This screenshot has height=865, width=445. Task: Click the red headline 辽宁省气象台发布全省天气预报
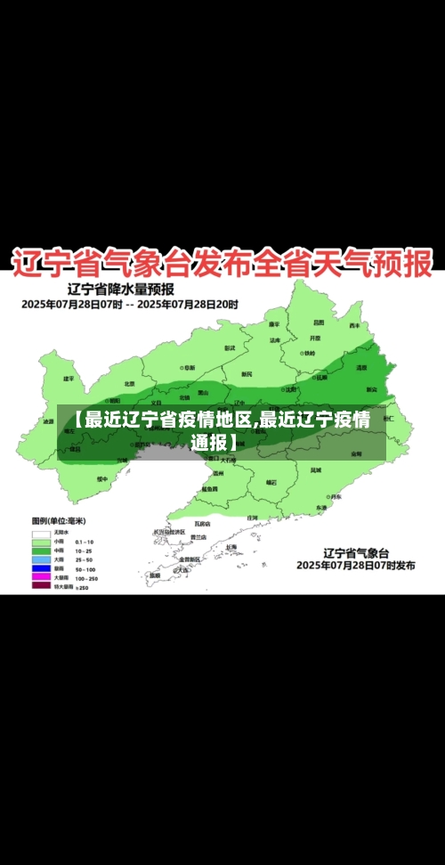[222, 263]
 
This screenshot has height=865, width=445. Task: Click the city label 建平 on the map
[69, 379]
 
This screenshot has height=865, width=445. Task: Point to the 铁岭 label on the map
[308, 353]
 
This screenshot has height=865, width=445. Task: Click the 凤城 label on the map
[317, 469]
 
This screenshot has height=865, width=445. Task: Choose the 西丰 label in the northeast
[354, 325]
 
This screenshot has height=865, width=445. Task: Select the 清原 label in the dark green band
[361, 367]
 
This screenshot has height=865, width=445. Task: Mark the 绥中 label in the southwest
[101, 479]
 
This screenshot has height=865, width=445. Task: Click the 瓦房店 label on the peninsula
[200, 524]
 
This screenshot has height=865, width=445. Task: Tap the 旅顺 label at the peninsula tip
[155, 575]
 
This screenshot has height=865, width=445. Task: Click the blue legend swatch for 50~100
[41, 567]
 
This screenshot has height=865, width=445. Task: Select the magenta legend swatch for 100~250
[41, 577]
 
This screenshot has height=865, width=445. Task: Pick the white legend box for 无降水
[41, 532]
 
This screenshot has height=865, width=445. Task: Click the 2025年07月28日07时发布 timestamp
[355, 566]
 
